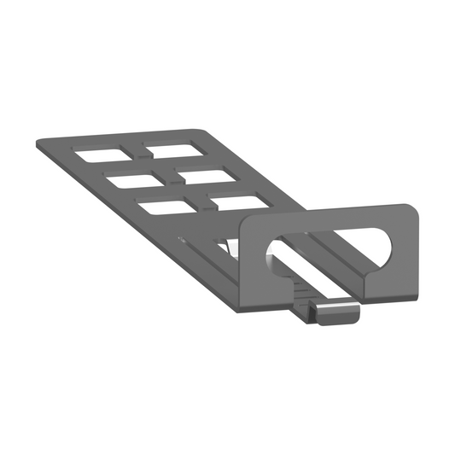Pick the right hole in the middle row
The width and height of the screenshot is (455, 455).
coord(201,175)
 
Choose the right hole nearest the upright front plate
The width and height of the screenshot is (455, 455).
coord(236,201)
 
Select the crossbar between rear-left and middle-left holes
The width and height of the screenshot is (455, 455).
coord(114,167)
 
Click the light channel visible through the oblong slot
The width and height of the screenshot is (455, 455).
coord(324,265)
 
